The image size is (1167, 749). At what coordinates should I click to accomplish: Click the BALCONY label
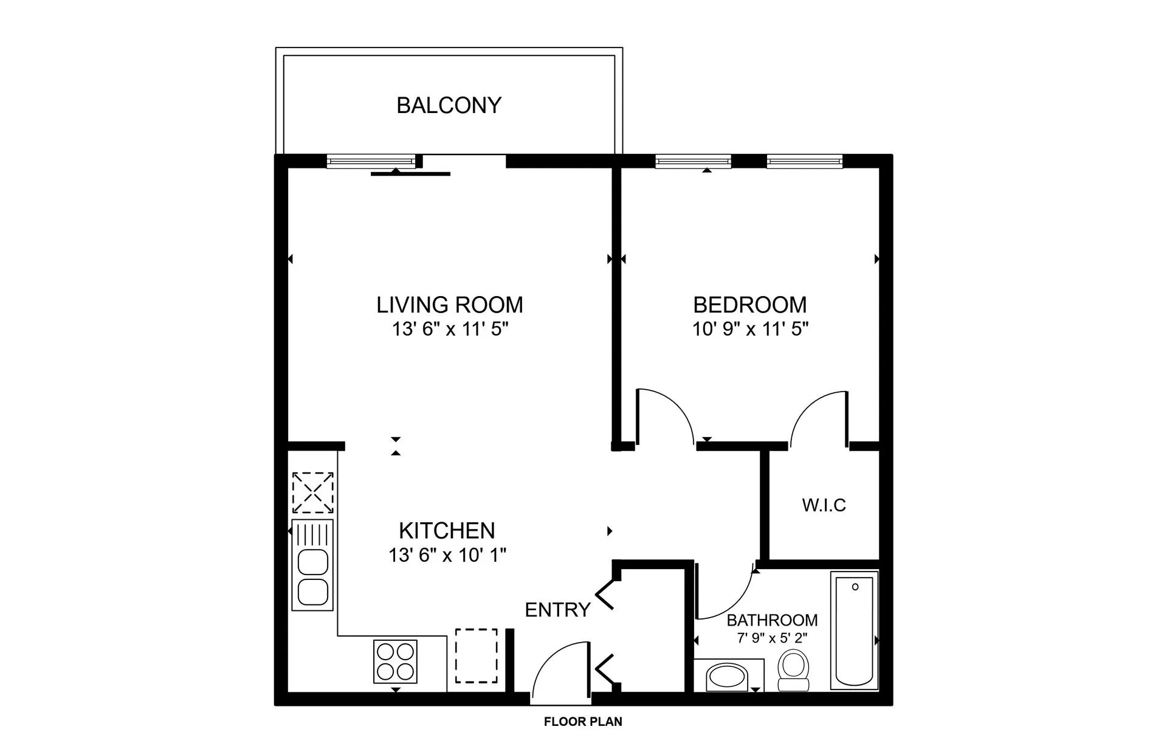(449, 106)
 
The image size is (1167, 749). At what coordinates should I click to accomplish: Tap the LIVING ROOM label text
(449, 305)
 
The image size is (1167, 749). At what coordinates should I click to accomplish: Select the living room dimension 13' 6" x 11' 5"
(449, 330)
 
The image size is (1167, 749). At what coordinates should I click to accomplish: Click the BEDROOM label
(749, 305)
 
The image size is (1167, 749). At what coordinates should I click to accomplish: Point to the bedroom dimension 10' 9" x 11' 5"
(749, 330)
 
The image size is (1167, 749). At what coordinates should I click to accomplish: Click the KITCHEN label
(447, 531)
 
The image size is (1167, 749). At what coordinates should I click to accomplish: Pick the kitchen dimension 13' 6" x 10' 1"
(447, 555)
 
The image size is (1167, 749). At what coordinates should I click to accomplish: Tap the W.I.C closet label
(824, 505)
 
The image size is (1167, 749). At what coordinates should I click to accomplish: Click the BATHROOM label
(772, 620)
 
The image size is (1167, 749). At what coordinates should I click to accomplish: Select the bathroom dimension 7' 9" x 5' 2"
(772, 638)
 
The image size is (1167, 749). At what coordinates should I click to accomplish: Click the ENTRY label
(557, 610)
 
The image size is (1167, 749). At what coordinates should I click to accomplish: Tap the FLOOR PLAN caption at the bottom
(583, 722)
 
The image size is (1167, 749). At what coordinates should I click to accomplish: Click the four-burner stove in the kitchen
(395, 661)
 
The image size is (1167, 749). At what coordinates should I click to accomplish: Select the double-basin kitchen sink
(312, 565)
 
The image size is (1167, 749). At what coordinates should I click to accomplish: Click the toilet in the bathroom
(794, 670)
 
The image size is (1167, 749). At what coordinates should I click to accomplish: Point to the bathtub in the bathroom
(854, 630)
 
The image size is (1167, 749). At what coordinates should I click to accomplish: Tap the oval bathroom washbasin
(728, 677)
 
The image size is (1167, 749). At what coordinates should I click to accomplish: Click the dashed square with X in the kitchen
(312, 493)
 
